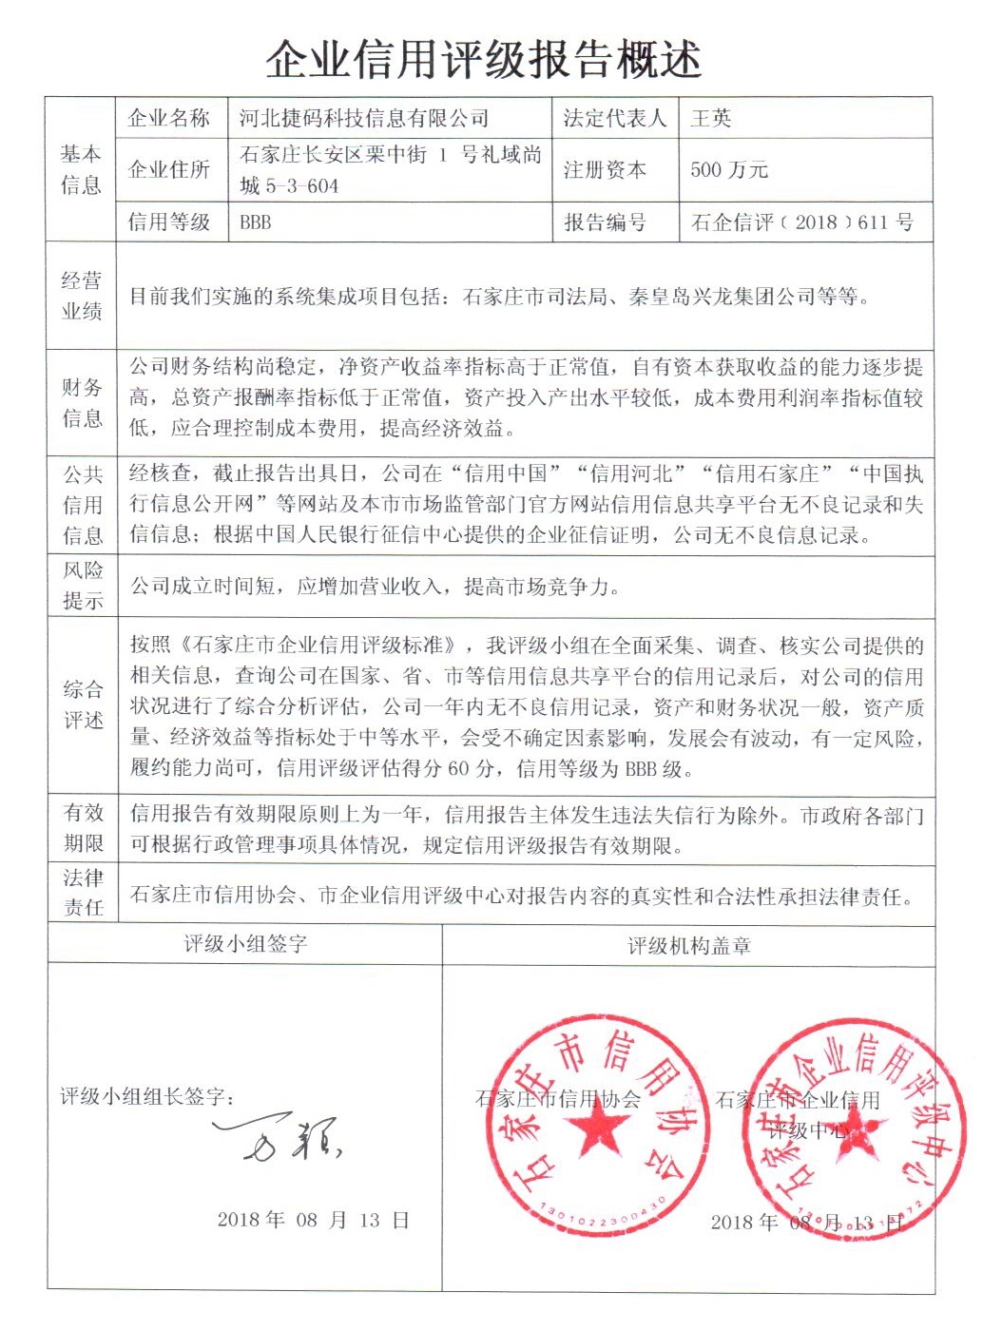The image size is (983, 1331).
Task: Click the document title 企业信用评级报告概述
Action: pos(484,59)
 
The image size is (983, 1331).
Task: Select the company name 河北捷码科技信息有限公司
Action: pos(364,119)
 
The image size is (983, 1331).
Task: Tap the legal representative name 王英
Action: pos(710,119)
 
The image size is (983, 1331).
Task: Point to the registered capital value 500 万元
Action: pos(728,170)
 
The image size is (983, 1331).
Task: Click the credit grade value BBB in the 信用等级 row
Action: pos(256,222)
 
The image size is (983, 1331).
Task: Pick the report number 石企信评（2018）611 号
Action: pos(801,222)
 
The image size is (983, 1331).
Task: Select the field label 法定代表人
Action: pos(614,119)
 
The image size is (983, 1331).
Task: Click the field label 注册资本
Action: pos(605,170)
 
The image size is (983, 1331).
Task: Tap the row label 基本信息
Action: pos(81,169)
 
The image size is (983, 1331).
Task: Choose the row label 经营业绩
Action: pos(81,296)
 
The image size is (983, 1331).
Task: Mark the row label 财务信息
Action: pos(81,402)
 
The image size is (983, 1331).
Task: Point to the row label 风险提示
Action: pos(83,585)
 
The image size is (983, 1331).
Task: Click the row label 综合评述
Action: pos(83,704)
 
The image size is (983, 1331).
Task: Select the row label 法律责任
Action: pos(83,892)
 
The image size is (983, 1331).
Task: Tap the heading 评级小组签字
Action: pos(245,944)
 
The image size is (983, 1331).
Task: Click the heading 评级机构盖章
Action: pos(689,946)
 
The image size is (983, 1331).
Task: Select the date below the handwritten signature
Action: pos(313,1220)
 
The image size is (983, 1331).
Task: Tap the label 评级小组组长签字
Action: pos(147,1096)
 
